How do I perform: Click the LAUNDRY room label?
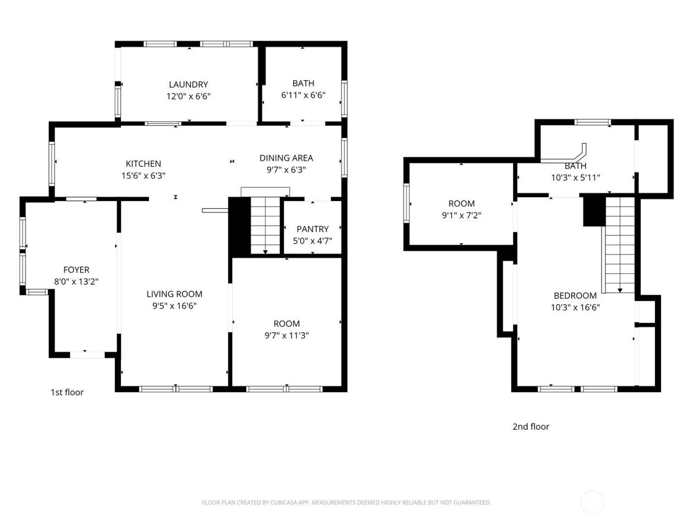pyautogui.click(x=188, y=85)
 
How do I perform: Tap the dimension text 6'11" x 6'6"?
pyautogui.click(x=303, y=96)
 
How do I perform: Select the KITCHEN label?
pyautogui.click(x=143, y=164)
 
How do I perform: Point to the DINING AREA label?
pyautogui.click(x=286, y=158)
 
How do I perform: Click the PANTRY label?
pyautogui.click(x=312, y=229)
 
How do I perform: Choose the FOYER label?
pyautogui.click(x=76, y=270)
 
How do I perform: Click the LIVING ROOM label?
pyautogui.click(x=174, y=294)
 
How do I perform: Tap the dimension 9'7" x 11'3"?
pyautogui.click(x=287, y=336)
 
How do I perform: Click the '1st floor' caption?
pyautogui.click(x=67, y=392)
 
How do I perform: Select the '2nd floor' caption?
pyautogui.click(x=531, y=427)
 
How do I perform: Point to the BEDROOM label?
pyautogui.click(x=575, y=296)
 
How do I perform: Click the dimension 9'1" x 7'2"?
pyautogui.click(x=461, y=215)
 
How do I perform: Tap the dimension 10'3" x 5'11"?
pyautogui.click(x=575, y=178)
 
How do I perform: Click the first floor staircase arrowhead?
pyautogui.click(x=265, y=252)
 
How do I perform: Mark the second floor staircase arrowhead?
pyautogui.click(x=619, y=290)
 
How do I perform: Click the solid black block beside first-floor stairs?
pyautogui.click(x=239, y=226)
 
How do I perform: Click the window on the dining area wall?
pyautogui.click(x=344, y=157)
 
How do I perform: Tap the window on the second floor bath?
pyautogui.click(x=592, y=122)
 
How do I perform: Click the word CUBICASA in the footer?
pyautogui.click(x=283, y=503)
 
